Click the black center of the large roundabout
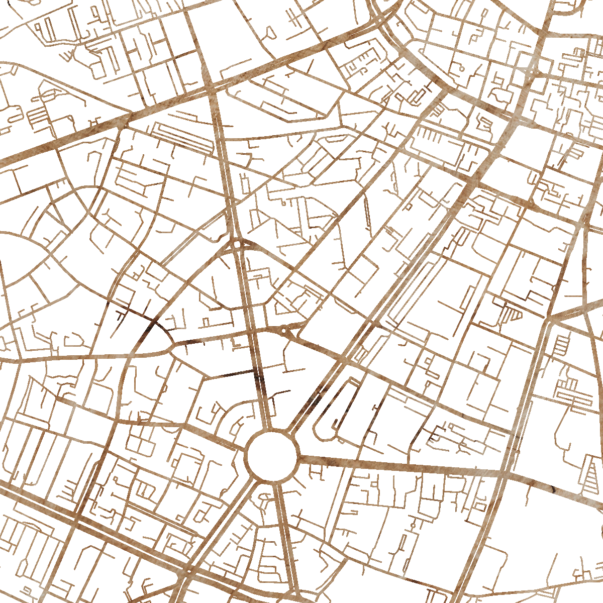click(272, 456)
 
